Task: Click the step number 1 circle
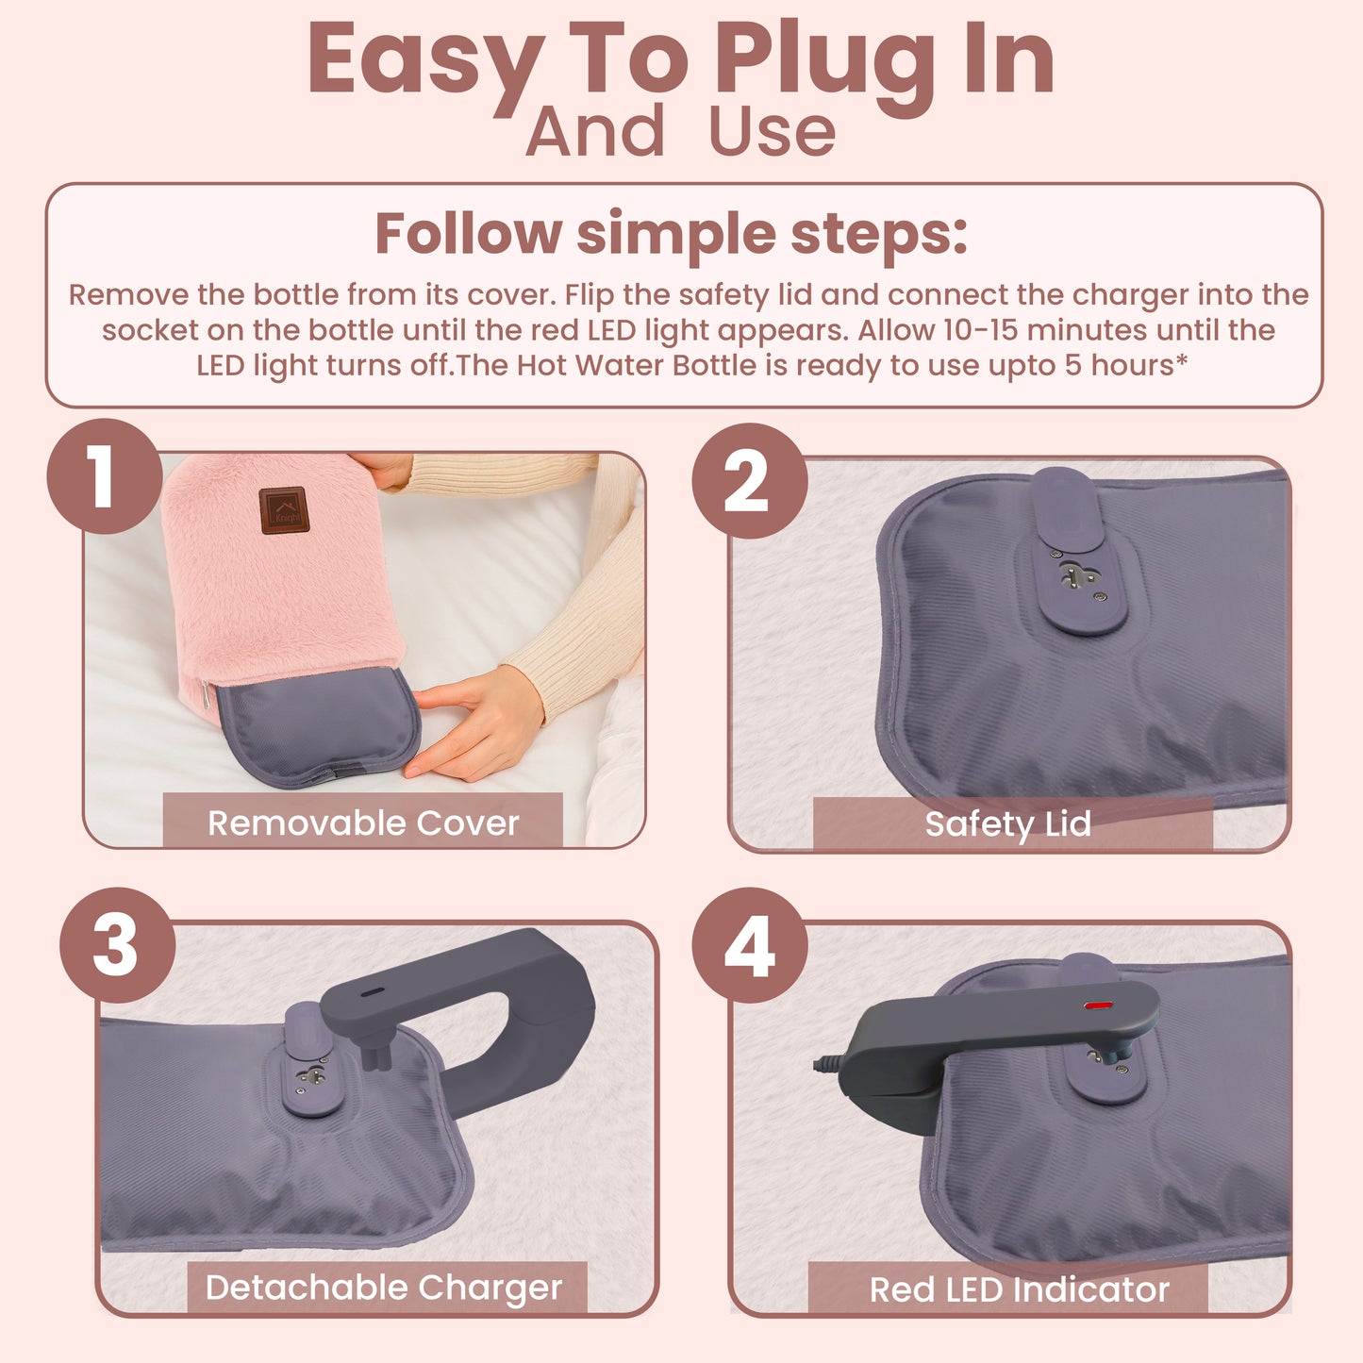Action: (104, 476)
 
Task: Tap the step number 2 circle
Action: (749, 481)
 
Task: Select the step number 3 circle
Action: (117, 945)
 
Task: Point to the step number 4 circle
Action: (750, 945)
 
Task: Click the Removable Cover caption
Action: (363, 823)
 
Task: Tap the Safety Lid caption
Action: (1008, 823)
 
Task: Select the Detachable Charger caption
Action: (384, 1287)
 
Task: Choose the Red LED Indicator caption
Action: (1019, 1288)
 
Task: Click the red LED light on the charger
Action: (1097, 1006)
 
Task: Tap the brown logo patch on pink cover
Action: (283, 510)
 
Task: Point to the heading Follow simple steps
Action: (672, 233)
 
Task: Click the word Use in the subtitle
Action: (772, 132)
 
